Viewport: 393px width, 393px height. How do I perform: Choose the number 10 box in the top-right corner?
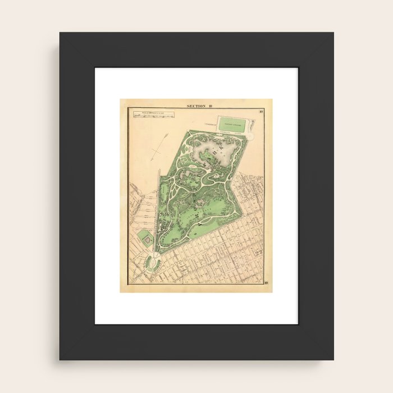pos(261,111)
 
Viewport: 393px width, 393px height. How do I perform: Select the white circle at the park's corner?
pos(250,136)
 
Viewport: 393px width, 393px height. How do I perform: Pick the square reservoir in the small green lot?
pos(147,240)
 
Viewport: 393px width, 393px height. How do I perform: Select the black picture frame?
pos(76,196)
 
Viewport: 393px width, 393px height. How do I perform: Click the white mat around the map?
pos(107,196)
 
